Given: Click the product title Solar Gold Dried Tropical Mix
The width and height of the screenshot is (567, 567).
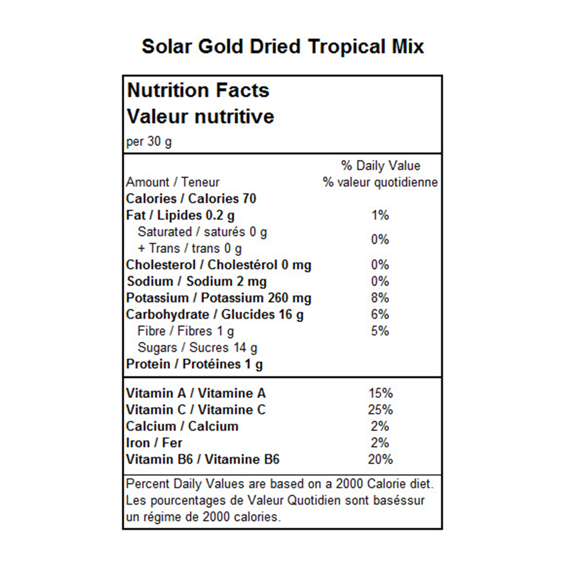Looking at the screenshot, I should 283,47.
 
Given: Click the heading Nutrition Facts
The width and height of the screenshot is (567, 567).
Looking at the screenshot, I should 198,90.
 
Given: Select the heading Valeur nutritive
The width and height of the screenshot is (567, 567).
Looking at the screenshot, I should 200,117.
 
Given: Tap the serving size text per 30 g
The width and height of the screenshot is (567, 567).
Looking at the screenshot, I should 149,141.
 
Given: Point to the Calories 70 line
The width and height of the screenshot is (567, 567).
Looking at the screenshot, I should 191,199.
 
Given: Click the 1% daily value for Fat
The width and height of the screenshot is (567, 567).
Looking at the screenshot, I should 380,215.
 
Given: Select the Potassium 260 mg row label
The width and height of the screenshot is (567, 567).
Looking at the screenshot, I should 218,298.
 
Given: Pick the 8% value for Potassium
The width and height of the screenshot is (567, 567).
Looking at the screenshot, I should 380,298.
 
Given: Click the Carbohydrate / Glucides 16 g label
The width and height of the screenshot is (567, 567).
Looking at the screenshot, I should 215,315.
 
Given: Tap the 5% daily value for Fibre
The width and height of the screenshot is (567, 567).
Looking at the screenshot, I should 380,331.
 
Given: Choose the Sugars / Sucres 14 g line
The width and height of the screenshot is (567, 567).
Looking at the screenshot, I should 198,348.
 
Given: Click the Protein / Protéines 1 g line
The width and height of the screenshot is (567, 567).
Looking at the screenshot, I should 194,364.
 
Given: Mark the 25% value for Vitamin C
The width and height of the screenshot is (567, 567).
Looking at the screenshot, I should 380,410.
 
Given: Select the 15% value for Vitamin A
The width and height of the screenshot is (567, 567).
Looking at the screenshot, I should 380,393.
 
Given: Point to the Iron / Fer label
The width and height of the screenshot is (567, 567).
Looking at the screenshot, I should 154,443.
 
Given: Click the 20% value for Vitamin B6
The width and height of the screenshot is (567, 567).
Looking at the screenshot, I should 380,459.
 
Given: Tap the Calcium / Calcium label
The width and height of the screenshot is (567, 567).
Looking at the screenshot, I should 182,426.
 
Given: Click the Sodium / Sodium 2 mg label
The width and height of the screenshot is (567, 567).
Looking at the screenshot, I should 197,282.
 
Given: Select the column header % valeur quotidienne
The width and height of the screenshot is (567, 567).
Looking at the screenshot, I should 380,182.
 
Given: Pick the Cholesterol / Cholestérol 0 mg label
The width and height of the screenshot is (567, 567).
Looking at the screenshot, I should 218,265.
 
